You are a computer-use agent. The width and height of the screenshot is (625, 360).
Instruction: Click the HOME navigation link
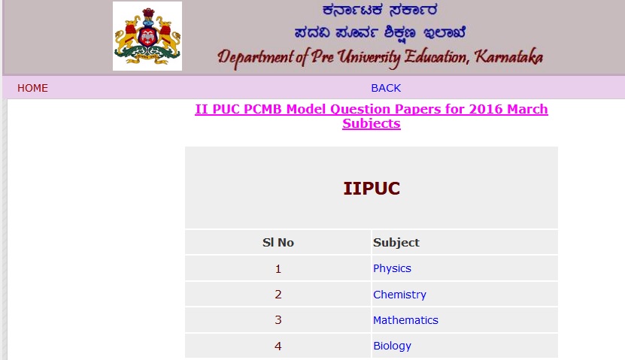[32, 88]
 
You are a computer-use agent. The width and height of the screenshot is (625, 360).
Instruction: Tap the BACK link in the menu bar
[386, 88]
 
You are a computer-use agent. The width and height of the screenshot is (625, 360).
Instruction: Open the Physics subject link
[392, 269]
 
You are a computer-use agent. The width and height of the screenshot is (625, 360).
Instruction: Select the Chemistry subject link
[399, 295]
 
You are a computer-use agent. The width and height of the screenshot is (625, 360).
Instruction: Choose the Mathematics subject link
[405, 320]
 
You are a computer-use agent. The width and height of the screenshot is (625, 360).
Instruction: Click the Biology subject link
[392, 346]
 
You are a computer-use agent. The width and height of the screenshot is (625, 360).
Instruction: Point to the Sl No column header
[278, 243]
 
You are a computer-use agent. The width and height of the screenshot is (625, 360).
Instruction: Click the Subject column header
[396, 243]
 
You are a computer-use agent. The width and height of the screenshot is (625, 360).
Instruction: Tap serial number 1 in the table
[278, 269]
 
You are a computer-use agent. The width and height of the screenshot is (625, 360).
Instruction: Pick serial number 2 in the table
[278, 295]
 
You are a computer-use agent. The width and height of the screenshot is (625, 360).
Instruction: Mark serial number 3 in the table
[278, 320]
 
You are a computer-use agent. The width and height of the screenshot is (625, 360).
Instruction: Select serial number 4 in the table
[278, 346]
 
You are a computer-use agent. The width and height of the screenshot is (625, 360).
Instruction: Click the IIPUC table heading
[372, 189]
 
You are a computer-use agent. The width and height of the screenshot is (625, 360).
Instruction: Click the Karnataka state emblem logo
[147, 36]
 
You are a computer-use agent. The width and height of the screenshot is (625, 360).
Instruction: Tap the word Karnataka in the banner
[508, 57]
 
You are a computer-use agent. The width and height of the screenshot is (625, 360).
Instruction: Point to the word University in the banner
[369, 58]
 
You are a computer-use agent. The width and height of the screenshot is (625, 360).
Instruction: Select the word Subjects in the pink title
[372, 124]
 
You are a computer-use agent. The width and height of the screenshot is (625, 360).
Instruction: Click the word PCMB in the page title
[262, 109]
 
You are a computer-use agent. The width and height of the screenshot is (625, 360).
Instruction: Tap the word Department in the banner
[256, 58]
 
